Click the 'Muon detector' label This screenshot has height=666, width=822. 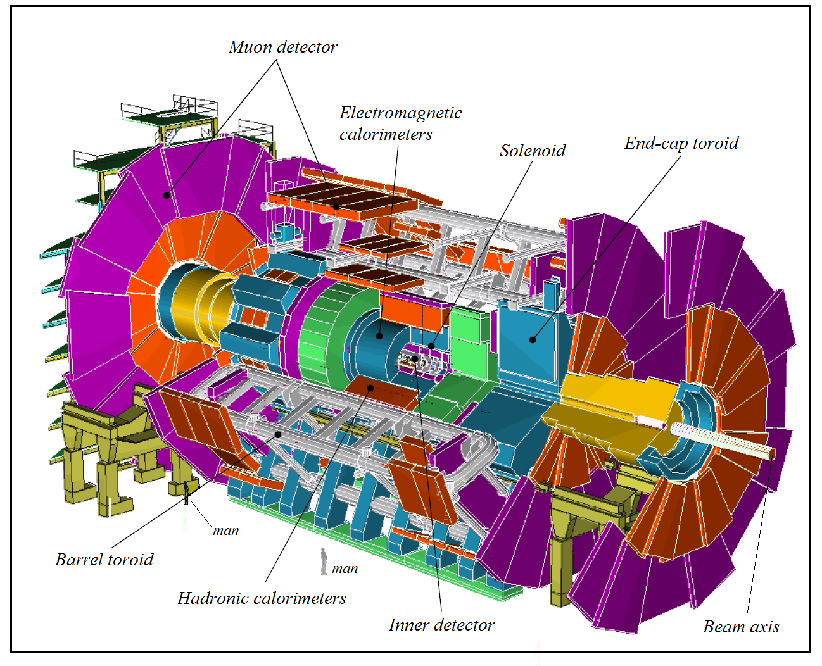tap(282, 47)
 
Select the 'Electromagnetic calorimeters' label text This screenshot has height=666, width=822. tap(400, 123)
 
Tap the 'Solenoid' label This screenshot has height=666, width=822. tap(532, 151)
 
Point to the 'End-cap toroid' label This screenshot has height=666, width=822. tap(681, 143)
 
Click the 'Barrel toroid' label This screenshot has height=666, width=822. tap(104, 560)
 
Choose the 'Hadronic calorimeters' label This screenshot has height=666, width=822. tap(262, 598)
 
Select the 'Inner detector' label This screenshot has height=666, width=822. tap(441, 625)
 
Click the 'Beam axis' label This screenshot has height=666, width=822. tap(740, 627)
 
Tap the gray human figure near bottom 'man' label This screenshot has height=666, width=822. tap(324, 561)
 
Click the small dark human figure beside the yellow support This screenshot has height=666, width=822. tap(186, 493)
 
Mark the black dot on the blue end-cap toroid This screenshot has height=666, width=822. tap(533, 340)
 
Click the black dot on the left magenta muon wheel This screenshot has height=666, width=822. tap(167, 195)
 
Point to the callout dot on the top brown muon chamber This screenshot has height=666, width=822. tap(337, 206)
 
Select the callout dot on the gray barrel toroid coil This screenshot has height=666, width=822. tap(278, 434)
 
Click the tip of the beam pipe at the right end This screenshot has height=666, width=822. tap(772, 454)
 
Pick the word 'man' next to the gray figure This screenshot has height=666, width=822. tap(345, 569)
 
